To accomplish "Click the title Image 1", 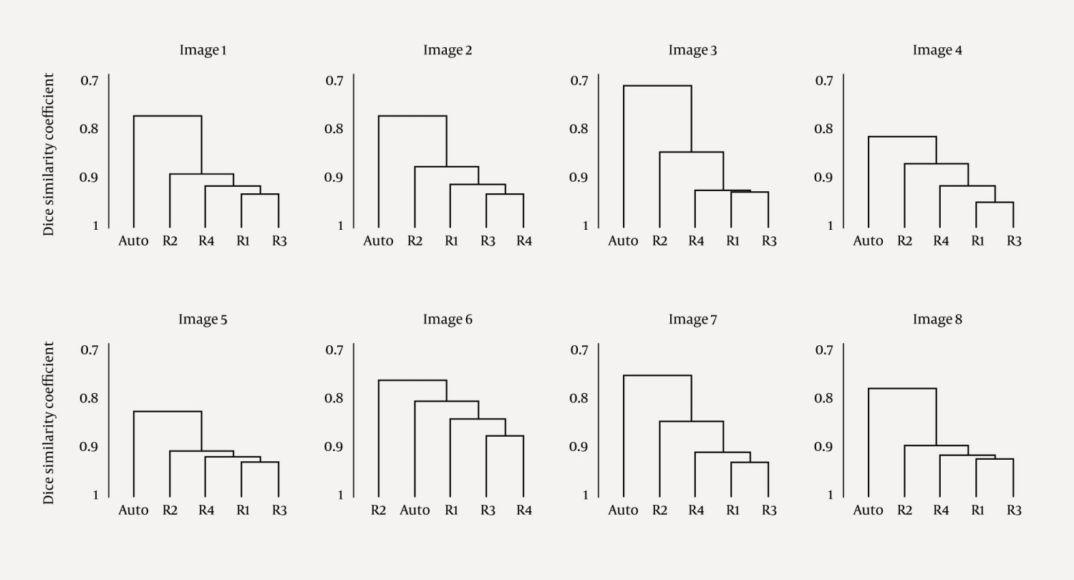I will (203, 50).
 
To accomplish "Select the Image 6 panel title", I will (447, 319).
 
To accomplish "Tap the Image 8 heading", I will (937, 319).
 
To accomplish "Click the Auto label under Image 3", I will (623, 241).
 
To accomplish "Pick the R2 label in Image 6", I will (378, 511).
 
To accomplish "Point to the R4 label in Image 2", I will (524, 241).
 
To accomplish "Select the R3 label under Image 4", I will (1014, 241).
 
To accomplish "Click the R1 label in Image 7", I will (732, 511).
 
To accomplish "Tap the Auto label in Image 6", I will (415, 511).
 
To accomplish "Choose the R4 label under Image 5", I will (206, 511).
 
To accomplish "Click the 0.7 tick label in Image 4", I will (824, 80).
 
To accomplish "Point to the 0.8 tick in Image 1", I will (89, 129).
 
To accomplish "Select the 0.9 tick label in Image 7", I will (579, 447).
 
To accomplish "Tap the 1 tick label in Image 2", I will (340, 226).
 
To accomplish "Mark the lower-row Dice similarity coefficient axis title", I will (49, 422).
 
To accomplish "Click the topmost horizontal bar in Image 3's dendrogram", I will (657, 86).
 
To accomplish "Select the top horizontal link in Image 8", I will (902, 388).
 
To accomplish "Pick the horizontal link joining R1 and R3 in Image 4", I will (995, 203).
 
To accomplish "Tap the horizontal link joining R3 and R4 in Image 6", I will (505, 436).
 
